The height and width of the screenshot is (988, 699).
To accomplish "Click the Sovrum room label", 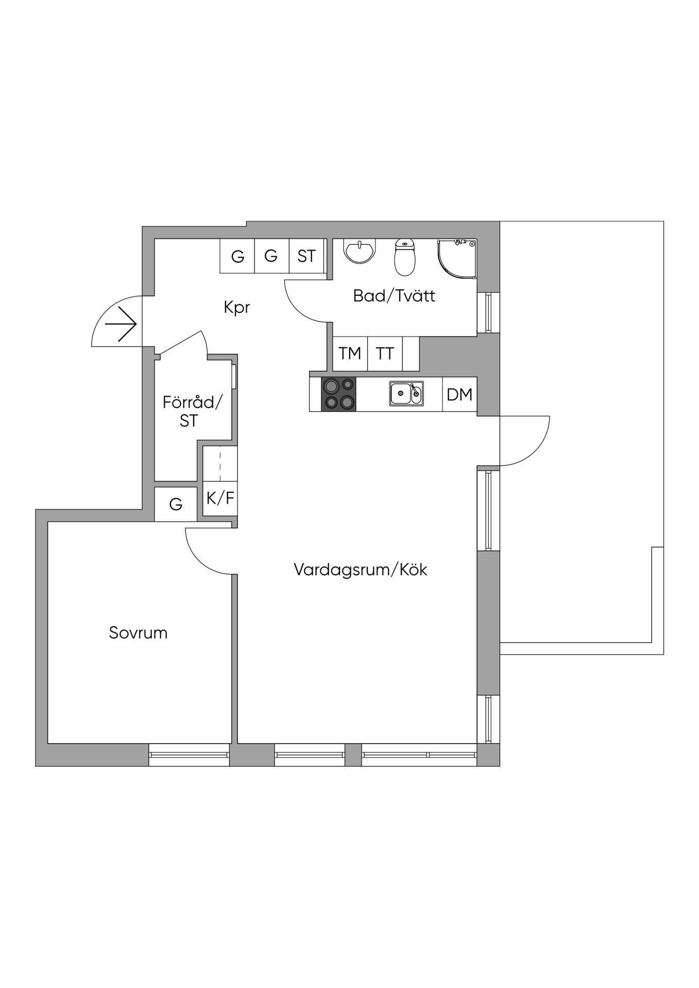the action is pos(138,632).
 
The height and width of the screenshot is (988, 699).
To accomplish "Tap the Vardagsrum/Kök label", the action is pos(361,570).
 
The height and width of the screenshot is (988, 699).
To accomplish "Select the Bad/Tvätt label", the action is pos(394,296).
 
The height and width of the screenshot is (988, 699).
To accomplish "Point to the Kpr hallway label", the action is pos(237,308).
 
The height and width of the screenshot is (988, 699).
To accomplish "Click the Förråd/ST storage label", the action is pos(192,411).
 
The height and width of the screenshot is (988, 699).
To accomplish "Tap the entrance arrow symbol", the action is pos(121,324).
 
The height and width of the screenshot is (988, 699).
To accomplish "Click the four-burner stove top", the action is pos(338,394).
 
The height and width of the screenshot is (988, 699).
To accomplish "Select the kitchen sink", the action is pos(406,394).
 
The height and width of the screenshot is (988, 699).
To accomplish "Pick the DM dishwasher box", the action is pos(459,394).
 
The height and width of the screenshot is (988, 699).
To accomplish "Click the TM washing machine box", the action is pos(350,354).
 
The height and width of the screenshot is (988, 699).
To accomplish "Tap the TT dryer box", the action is pos(385,354).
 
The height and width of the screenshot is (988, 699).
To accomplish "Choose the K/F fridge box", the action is pos(220,498).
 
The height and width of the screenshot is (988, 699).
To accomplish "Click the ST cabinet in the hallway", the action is pos(306,256).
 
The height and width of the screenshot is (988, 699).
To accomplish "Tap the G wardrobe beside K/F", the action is pos(176,504).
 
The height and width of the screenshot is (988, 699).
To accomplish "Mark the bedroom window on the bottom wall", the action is pos(189,755).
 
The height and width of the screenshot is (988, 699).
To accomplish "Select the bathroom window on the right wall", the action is pos(488,313).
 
